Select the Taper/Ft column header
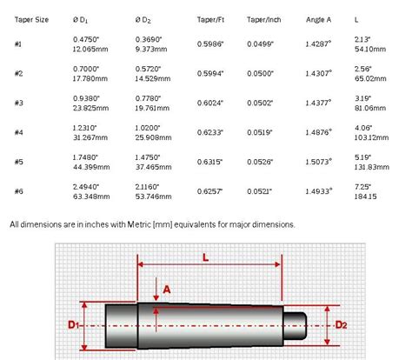pyautogui.click(x=210, y=17)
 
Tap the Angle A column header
pyautogui.click(x=319, y=17)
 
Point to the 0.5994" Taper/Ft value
pyautogui.click(x=211, y=72)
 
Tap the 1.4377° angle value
pyautogui.click(x=319, y=102)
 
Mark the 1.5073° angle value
pyautogui.click(x=319, y=161)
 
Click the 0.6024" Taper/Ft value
pyautogui.click(x=211, y=102)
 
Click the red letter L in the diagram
pyautogui.click(x=205, y=259)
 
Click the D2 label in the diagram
pyautogui.click(x=343, y=325)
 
